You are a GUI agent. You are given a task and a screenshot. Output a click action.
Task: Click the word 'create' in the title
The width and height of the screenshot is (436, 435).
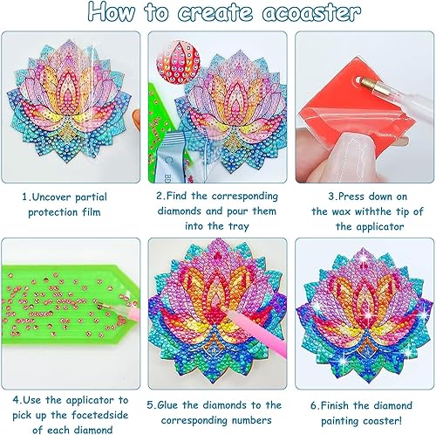tap(215, 12)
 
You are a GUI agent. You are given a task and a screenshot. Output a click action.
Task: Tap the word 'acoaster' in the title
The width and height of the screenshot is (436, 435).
tap(311, 12)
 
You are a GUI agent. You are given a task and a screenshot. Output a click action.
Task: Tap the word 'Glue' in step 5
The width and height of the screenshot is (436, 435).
tap(168, 405)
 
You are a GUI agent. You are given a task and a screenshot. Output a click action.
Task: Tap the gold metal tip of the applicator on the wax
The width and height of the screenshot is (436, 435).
tap(367, 83)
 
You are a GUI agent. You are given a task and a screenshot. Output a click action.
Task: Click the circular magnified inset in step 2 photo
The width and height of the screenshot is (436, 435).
tap(178, 61)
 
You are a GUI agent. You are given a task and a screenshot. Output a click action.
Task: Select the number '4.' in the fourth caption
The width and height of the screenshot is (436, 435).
tap(17, 400)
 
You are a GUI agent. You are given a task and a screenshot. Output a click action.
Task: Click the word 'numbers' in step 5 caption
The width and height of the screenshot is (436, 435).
tap(251, 420)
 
